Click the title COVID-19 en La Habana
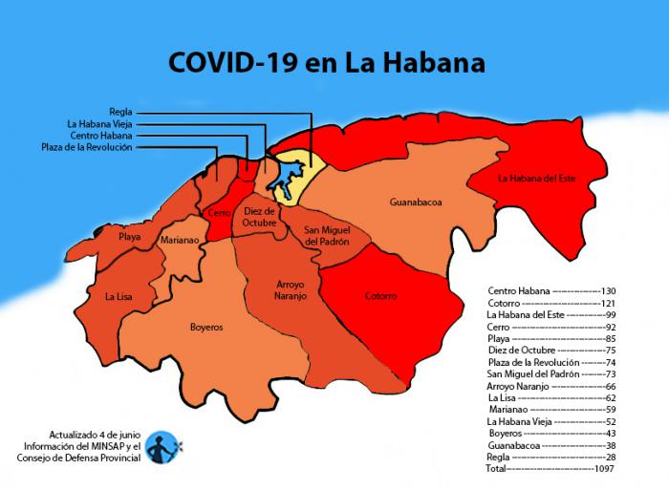pos(326,64)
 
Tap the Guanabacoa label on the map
pos(416,202)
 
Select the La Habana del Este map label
pos(537,178)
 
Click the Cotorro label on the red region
pos(380,296)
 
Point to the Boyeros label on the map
pos(205,327)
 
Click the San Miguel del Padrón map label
pos(327,236)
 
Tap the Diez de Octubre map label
pos(259,216)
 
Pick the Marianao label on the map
pos(180,241)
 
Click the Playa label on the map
pos(130,236)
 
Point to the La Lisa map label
pos(119,296)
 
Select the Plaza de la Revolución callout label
pos(87,147)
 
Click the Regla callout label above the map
pos(120,111)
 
